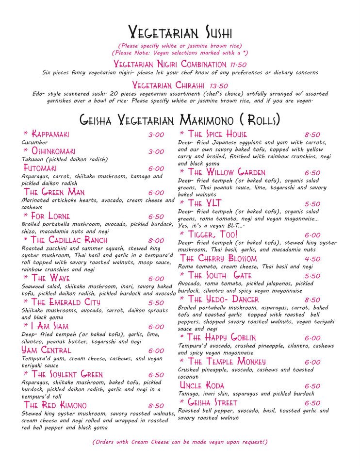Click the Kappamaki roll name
(50, 134)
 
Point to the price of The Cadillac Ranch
(156, 240)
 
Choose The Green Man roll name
(54, 192)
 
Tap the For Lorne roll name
(50, 216)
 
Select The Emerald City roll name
(65, 302)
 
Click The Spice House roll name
(217, 134)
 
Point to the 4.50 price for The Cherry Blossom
(312, 259)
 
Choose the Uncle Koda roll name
(202, 385)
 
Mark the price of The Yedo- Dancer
(312, 300)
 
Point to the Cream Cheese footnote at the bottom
(180, 442)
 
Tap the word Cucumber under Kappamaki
(34, 143)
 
